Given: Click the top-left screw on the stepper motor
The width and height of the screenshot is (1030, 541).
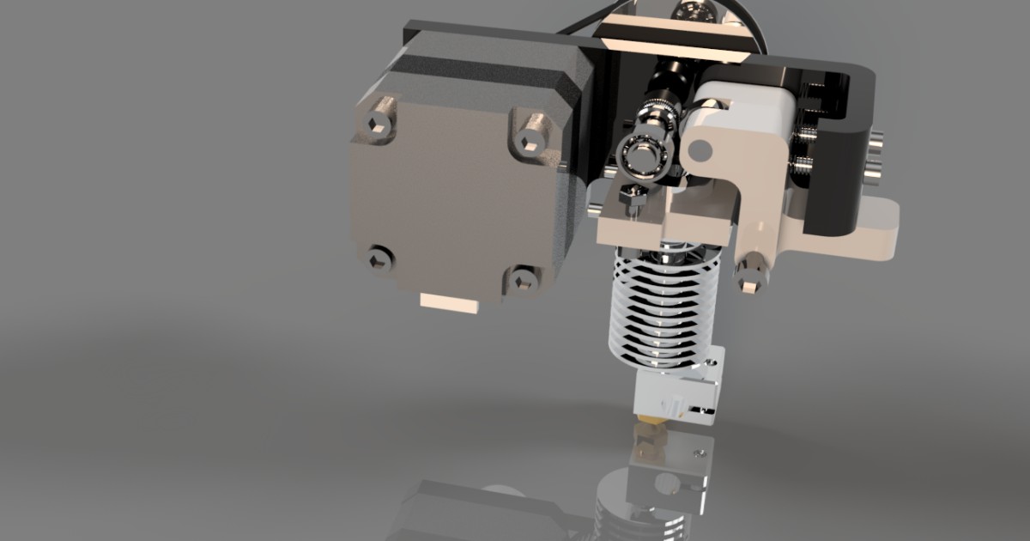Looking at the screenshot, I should tap(375, 125).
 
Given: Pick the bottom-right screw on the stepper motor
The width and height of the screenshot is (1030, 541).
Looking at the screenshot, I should tap(519, 278).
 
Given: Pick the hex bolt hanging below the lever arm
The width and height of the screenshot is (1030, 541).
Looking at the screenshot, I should tap(750, 277).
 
